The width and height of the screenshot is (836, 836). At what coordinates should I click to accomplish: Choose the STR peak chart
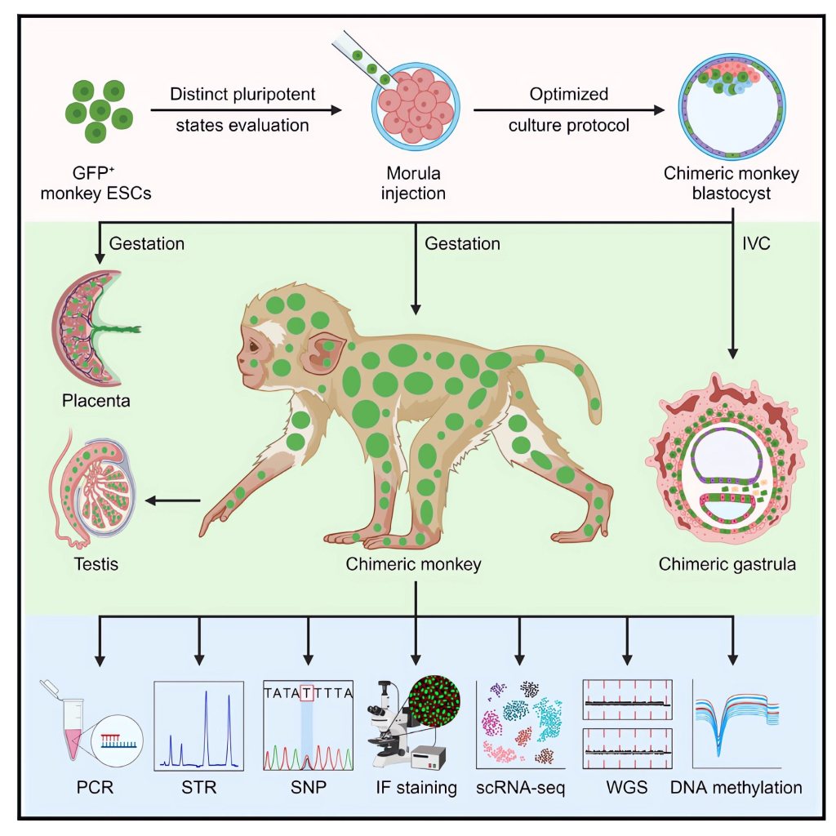tap(198, 724)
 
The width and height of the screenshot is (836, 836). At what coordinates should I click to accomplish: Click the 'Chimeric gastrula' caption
tap(727, 563)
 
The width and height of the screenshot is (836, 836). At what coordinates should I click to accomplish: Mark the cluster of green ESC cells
tap(100, 110)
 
